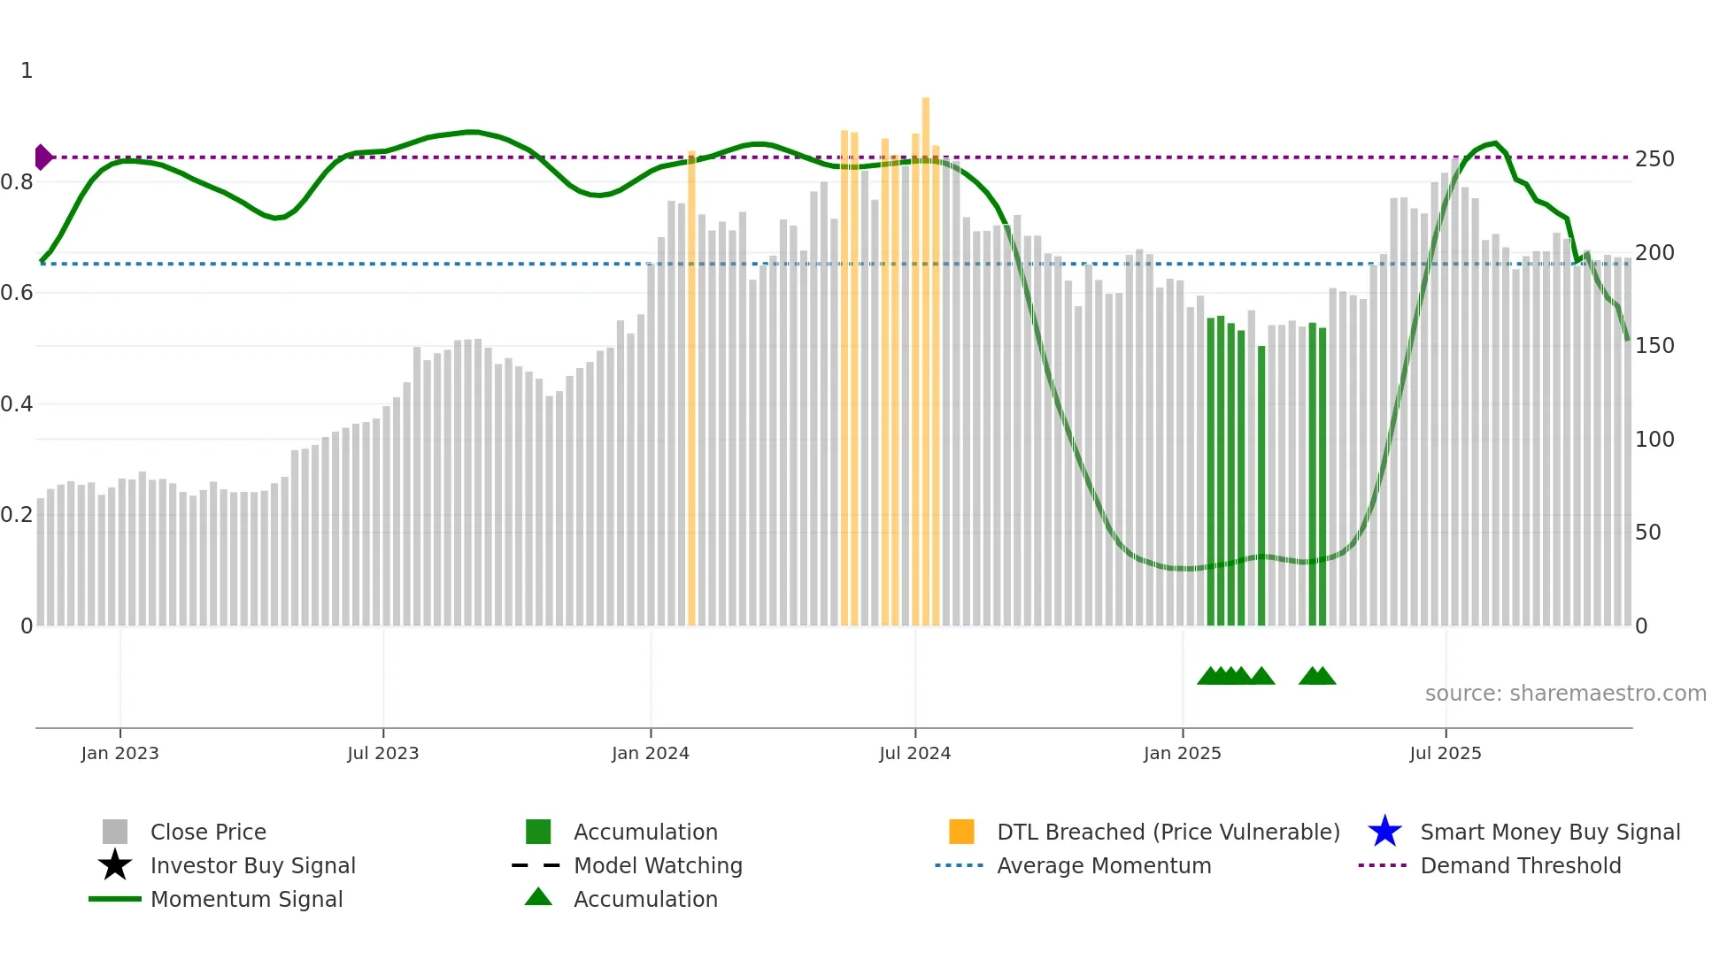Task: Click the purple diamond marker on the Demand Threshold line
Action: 42,157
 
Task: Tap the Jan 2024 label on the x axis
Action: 650,754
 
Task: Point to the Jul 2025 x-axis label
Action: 1445,754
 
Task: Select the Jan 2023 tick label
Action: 120,754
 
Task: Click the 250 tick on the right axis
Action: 1654,159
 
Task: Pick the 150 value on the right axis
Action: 1654,346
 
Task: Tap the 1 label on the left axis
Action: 27,71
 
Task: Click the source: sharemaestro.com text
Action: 1565,694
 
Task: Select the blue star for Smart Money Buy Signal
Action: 1384,832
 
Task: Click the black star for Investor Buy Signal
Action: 115,865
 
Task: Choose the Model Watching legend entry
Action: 658,865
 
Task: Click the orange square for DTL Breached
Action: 961,832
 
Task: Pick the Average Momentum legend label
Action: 1104,865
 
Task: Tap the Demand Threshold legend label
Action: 1520,865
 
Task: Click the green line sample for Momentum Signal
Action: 115,899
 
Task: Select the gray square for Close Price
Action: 115,832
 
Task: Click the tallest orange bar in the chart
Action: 926,354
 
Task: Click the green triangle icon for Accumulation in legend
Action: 538,897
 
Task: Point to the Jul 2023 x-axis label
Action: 382,754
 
